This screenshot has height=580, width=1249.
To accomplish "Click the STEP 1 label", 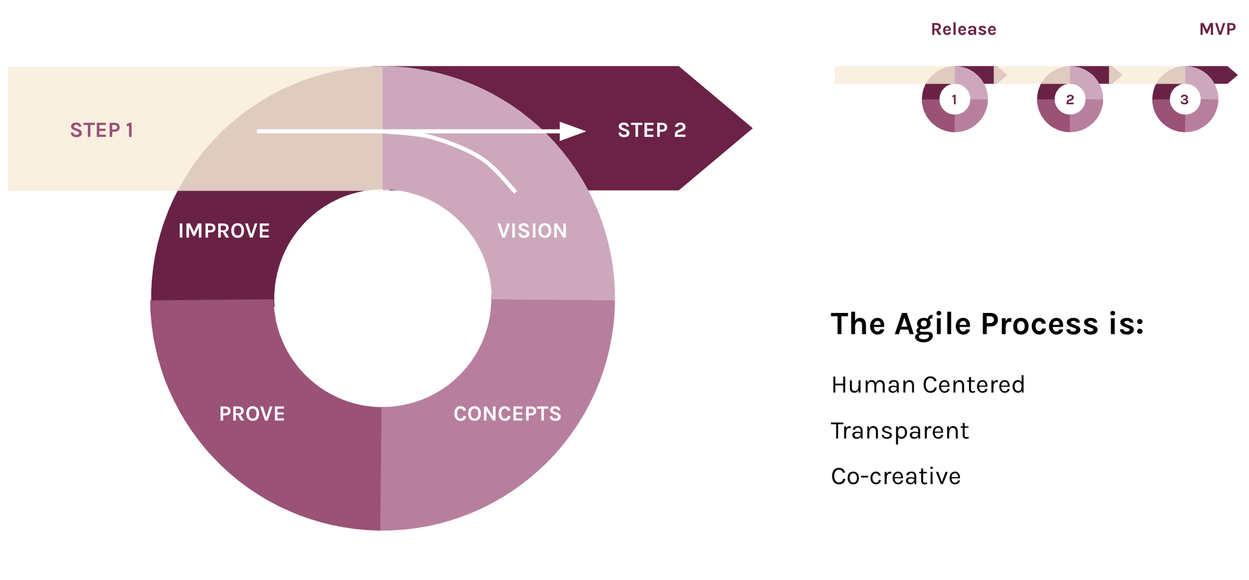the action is pyautogui.click(x=102, y=130).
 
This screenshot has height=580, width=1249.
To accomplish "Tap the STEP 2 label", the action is pyautogui.click(x=652, y=130).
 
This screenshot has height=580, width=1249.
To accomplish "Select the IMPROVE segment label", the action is pyautogui.click(x=224, y=231).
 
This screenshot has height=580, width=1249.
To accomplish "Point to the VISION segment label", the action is pyautogui.click(x=532, y=231).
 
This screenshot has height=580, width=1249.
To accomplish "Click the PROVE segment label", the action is pyautogui.click(x=252, y=414).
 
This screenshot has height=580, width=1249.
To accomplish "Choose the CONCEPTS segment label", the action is pyautogui.click(x=507, y=414).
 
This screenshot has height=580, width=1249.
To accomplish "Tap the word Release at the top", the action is pyautogui.click(x=963, y=29).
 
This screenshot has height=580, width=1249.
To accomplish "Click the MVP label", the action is pyautogui.click(x=1218, y=29).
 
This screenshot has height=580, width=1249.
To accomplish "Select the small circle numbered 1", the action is pyautogui.click(x=954, y=100).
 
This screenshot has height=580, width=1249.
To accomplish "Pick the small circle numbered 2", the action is pyautogui.click(x=1070, y=100).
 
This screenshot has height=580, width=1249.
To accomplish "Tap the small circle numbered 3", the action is pyautogui.click(x=1185, y=100).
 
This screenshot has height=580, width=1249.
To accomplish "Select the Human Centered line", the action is pyautogui.click(x=928, y=385).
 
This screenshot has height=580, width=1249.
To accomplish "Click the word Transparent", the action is pyautogui.click(x=899, y=431).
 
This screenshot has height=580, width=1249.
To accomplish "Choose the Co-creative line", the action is pyautogui.click(x=895, y=477).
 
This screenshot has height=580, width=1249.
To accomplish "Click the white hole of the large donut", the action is pyautogui.click(x=382, y=298).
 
